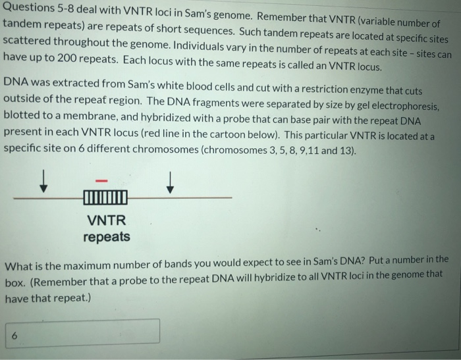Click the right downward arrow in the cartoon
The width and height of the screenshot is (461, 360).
[170, 182]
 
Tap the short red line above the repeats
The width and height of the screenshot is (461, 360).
[102, 180]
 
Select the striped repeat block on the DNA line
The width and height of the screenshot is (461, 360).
[105, 197]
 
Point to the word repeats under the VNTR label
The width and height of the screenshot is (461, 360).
[106, 236]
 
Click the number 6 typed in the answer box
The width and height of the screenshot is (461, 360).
[14, 335]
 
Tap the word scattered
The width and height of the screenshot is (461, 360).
[30, 39]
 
